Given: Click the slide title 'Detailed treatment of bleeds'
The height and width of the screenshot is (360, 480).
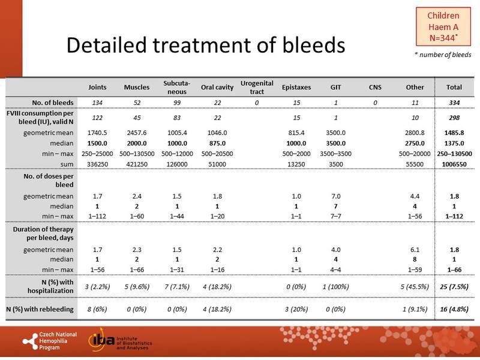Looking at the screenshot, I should pos(205,46).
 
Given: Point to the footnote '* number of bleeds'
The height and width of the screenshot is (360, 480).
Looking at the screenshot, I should pos(443,55).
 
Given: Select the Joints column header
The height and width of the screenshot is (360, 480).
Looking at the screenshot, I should pos(98,87).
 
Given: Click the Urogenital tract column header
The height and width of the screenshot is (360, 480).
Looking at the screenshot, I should pos(253,87).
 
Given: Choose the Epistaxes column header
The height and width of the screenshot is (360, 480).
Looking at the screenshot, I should pos(296,87).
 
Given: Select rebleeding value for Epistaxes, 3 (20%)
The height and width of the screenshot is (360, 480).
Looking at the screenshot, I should pos(296,310).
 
